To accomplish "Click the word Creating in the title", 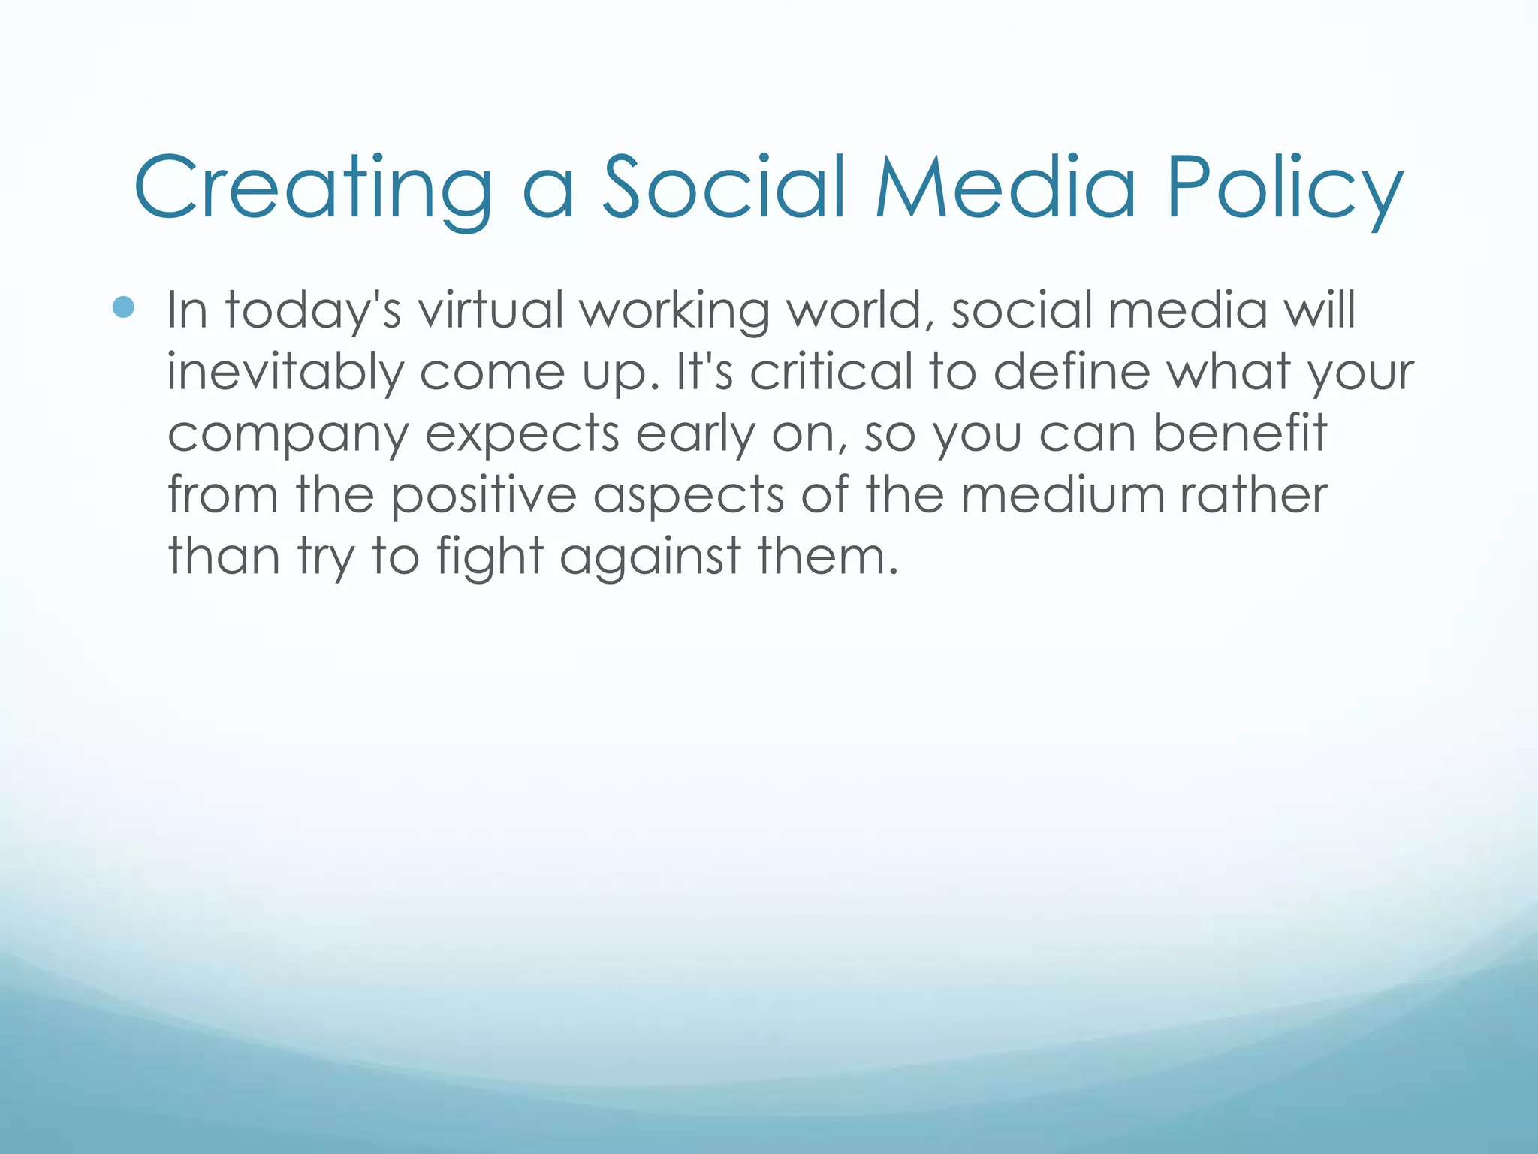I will (x=312, y=187).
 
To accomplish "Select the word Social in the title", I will (x=725, y=187).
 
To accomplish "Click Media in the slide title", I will (x=1006, y=187).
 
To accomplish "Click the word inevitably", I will (x=285, y=372).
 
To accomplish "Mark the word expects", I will (x=523, y=435).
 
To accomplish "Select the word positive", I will (x=484, y=495).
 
